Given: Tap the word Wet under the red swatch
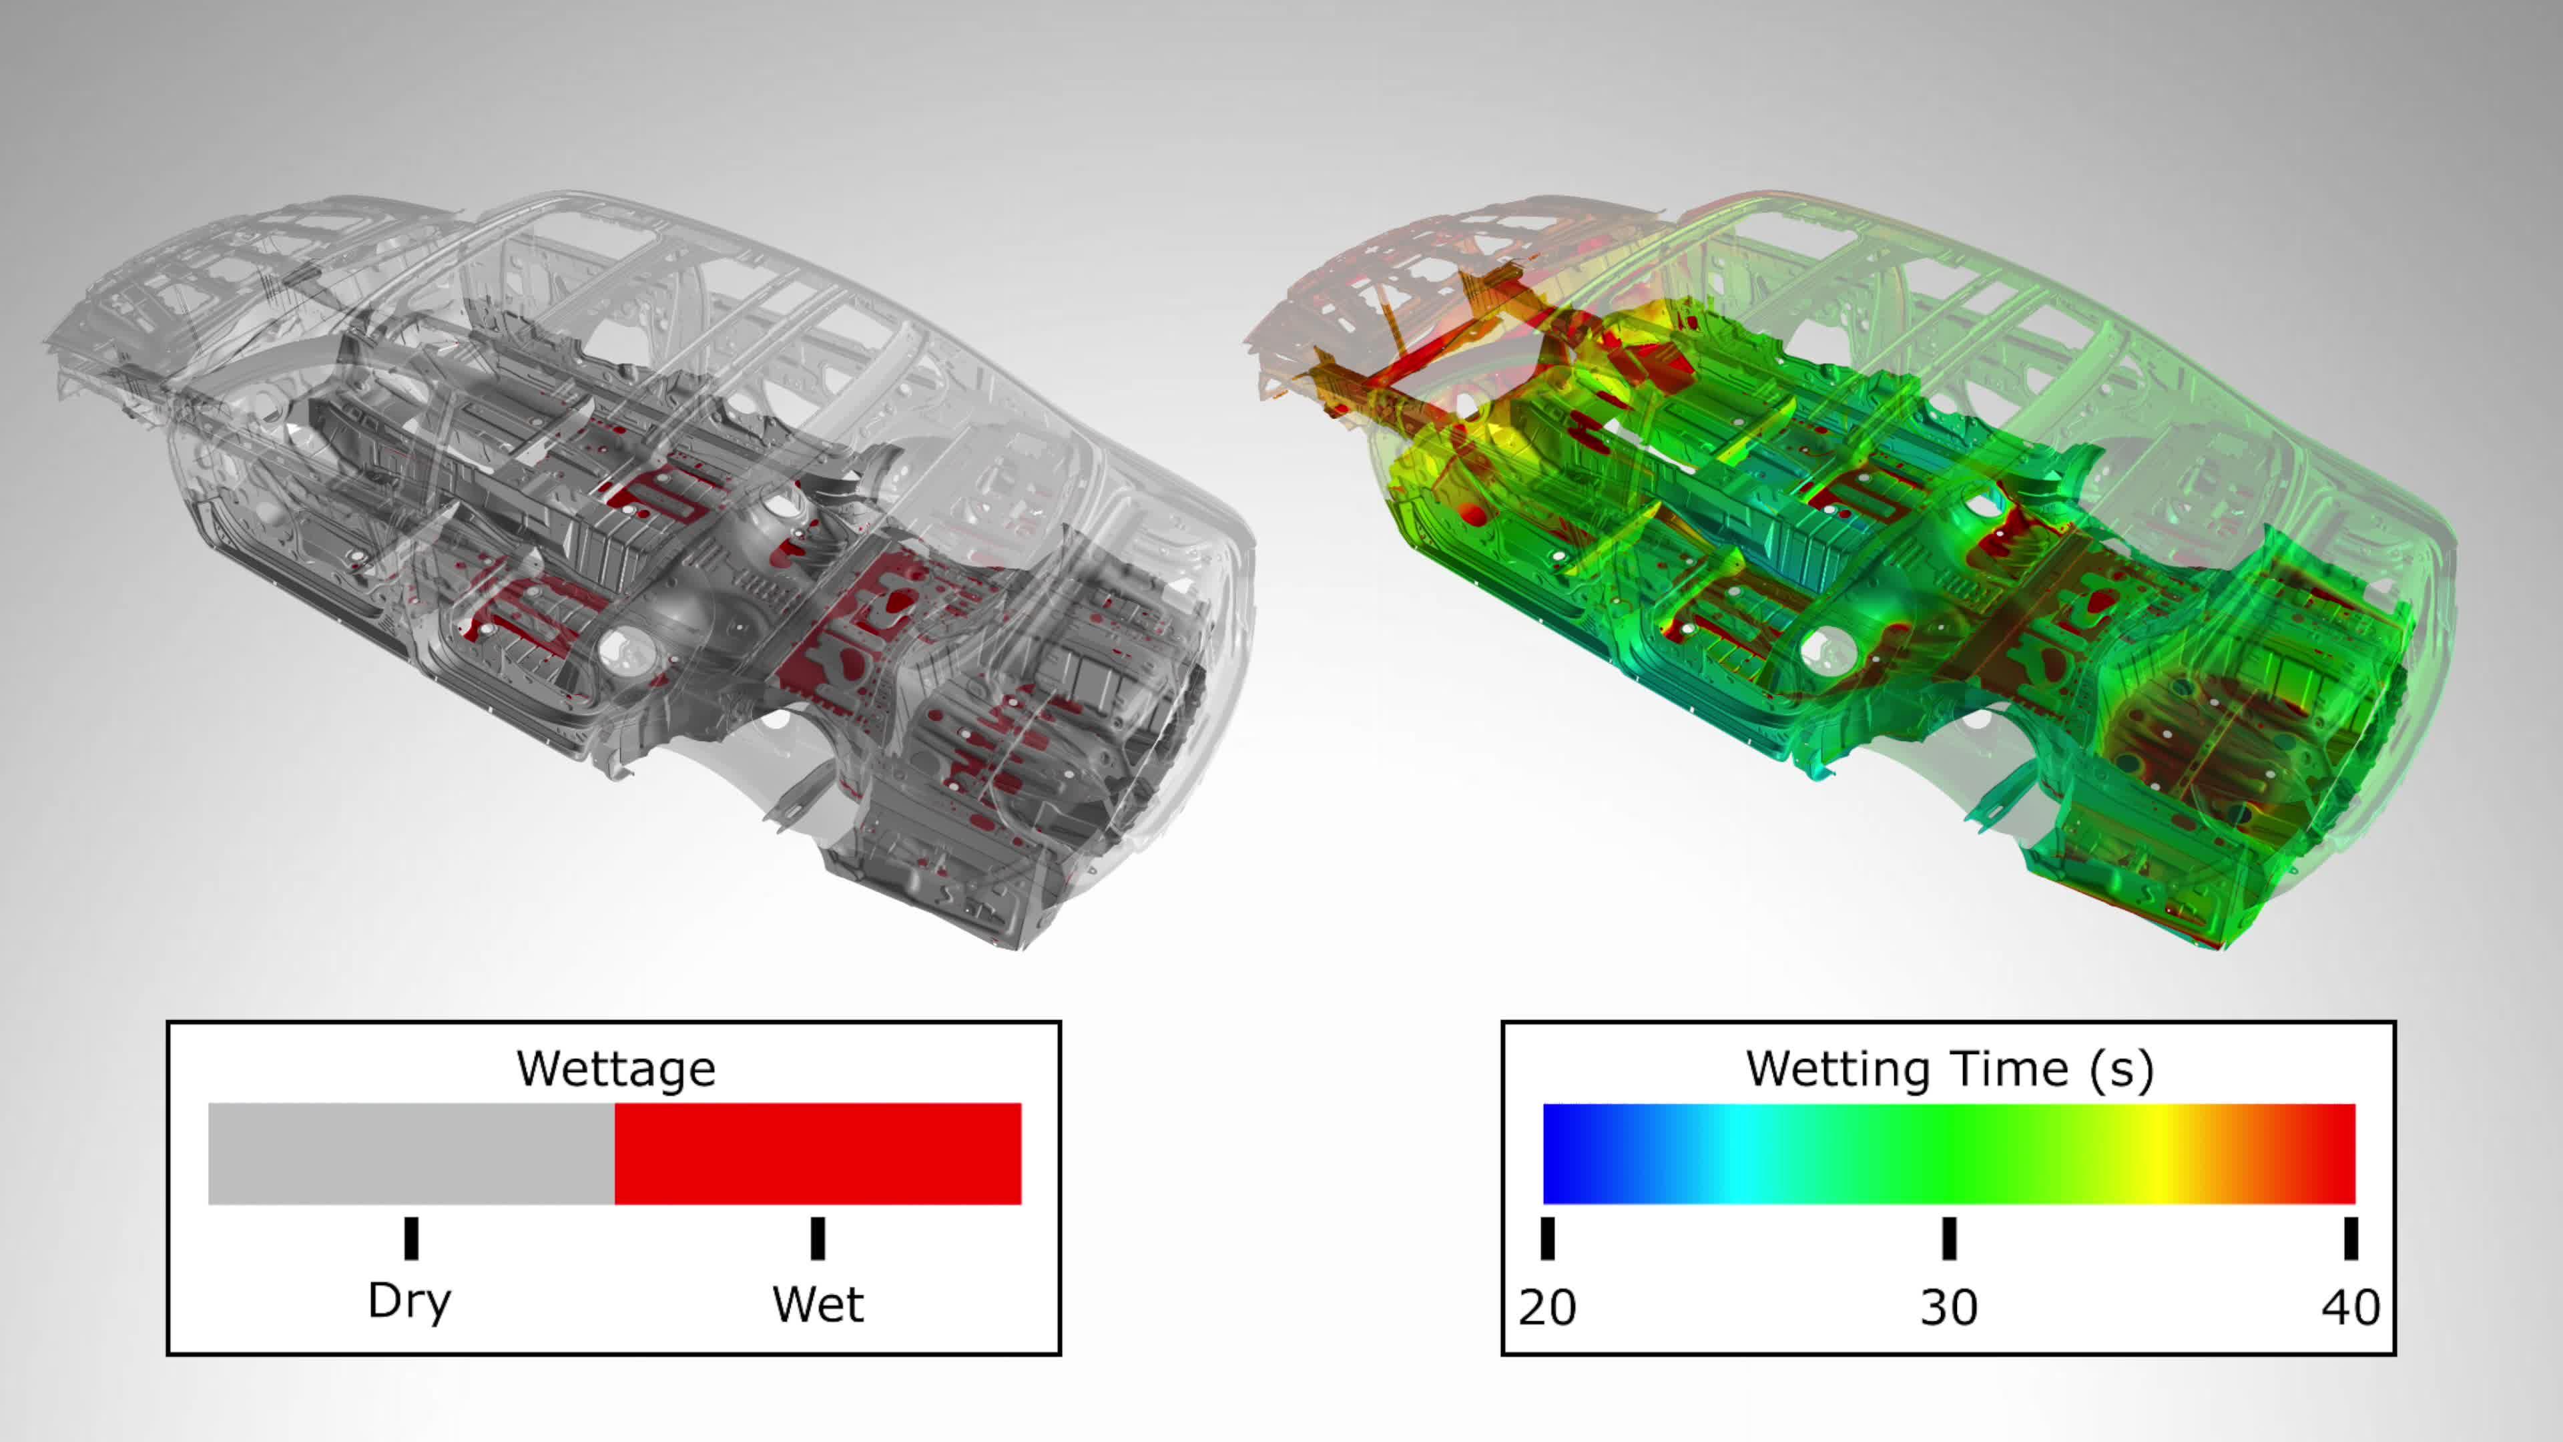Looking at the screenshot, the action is tap(818, 1304).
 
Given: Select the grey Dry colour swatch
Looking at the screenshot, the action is tap(411, 1154).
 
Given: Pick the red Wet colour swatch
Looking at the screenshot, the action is tap(818, 1154).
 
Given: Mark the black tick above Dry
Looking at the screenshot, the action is tap(411, 1238).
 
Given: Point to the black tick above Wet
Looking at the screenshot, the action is tap(818, 1238).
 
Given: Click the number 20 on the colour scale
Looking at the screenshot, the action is tap(1547, 1306).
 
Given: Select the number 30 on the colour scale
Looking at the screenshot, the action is tap(1949, 1306).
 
